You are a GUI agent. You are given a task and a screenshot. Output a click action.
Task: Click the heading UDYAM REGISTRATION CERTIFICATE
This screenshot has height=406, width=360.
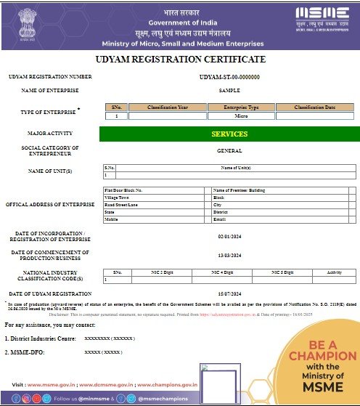(180, 59)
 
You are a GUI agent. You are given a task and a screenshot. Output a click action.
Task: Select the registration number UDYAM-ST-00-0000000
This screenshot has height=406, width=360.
(229, 77)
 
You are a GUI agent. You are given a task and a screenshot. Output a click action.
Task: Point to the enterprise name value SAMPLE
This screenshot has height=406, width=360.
(229, 91)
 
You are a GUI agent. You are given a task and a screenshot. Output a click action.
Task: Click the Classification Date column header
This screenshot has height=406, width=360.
(314, 107)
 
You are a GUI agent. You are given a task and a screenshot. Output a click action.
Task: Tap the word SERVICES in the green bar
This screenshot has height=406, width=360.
(229, 134)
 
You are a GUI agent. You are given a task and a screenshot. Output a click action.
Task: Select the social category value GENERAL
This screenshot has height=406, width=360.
(229, 151)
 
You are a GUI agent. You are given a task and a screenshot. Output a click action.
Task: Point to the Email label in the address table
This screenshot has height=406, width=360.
(220, 219)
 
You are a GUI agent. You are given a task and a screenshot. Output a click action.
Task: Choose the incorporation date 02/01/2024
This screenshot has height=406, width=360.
(229, 237)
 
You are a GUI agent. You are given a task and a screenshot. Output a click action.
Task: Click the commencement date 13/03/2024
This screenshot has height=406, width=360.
(229, 256)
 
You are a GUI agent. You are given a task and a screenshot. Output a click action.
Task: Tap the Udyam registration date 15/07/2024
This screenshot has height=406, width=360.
(229, 293)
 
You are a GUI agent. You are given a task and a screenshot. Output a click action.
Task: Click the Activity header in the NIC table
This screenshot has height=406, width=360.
(335, 272)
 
